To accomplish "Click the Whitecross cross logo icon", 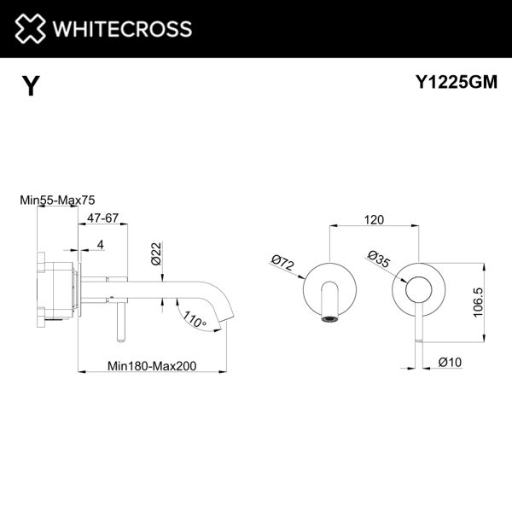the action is (x=30, y=28).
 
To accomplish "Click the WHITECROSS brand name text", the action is (x=122, y=29).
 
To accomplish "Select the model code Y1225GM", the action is (x=457, y=82).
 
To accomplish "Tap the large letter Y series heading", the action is (x=31, y=86).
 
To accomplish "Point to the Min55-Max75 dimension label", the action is (x=57, y=200).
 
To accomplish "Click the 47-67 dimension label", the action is (x=102, y=218).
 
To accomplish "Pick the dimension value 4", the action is (x=101, y=244).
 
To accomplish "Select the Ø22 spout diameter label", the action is (x=157, y=253).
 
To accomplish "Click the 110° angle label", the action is (x=195, y=319).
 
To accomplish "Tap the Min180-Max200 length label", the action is (x=152, y=366).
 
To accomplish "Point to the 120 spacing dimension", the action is (x=374, y=220).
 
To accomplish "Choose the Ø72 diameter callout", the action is (x=283, y=263).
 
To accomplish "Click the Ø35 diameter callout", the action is (x=379, y=259).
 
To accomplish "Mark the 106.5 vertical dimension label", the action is (x=478, y=302).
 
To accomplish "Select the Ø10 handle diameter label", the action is (x=451, y=362).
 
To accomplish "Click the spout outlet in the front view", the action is (x=329, y=319).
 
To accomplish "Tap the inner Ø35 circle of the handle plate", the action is (x=419, y=289).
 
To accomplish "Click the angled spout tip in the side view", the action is (x=227, y=318).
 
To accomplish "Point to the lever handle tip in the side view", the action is (x=121, y=340).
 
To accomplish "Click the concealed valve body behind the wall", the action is (x=56, y=290).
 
